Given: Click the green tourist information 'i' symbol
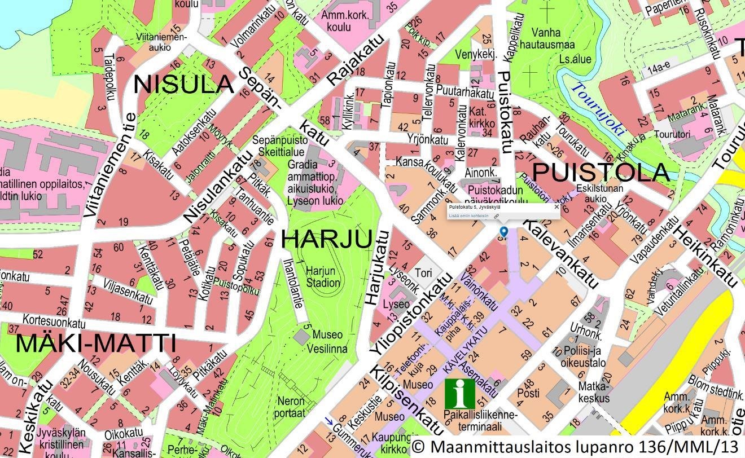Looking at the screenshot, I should pos(459,393).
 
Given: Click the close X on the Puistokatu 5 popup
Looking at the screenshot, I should pos(556,207).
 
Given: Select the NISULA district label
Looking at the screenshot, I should pos(183,85).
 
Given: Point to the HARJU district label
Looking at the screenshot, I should pos(326,239).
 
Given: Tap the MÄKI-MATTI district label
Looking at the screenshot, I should pos(95,343).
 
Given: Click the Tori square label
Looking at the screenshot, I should pos(423,273).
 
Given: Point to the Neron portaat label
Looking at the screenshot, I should pos(291,406).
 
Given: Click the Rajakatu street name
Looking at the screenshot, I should pos(356,60).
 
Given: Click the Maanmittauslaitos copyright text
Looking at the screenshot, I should pos(576,446).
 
